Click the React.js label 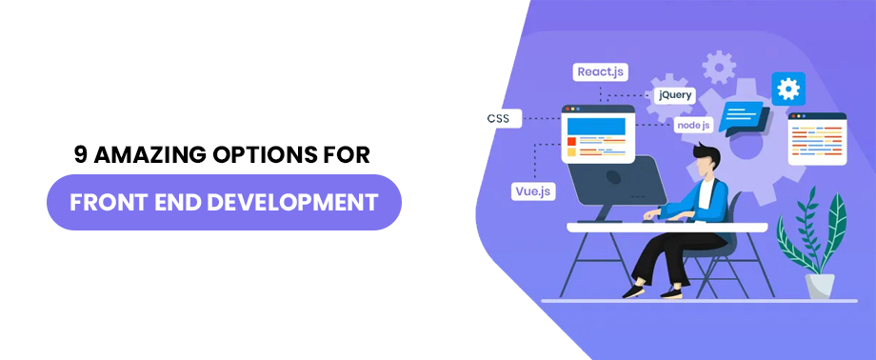[x=601, y=71]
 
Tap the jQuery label [x=675, y=96]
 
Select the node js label [x=692, y=125]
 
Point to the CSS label [x=498, y=119]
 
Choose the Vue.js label [x=533, y=190]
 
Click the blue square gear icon [x=787, y=89]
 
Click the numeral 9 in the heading [x=82, y=154]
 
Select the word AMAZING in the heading [x=148, y=154]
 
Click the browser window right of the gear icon [x=817, y=138]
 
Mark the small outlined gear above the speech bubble [x=719, y=66]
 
